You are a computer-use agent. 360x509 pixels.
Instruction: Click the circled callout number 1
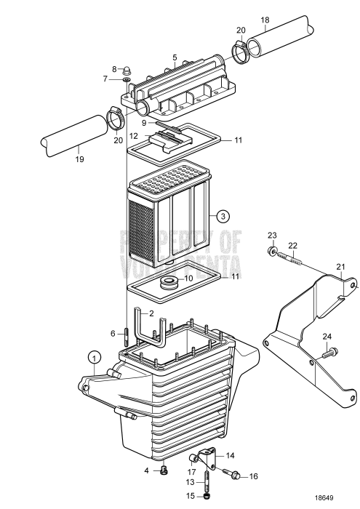point(93,356)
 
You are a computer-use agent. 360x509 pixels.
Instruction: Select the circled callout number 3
point(224,215)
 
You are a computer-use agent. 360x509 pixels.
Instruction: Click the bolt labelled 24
point(331,354)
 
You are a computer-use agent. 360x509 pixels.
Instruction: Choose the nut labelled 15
point(209,497)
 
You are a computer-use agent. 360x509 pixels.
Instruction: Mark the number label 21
point(340,267)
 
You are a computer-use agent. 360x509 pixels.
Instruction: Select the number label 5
point(175,56)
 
